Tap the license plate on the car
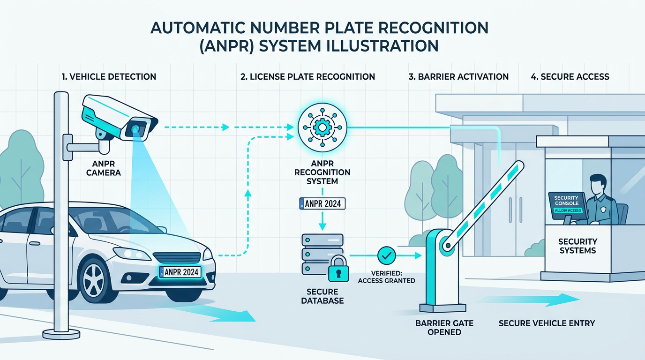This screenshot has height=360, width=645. click(x=180, y=272)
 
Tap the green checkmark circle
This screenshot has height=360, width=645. click(x=387, y=255)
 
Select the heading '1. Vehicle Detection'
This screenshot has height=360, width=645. click(x=109, y=76)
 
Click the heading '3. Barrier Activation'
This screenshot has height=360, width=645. click(x=458, y=76)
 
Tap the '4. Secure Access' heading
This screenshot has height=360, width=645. click(x=570, y=76)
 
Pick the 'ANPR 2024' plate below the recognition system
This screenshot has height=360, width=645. click(x=322, y=203)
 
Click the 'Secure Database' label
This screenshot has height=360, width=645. click(x=322, y=295)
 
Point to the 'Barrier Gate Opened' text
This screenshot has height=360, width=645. click(x=444, y=327)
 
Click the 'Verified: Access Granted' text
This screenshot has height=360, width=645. click(x=386, y=277)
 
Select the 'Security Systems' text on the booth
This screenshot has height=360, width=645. click(x=577, y=246)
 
